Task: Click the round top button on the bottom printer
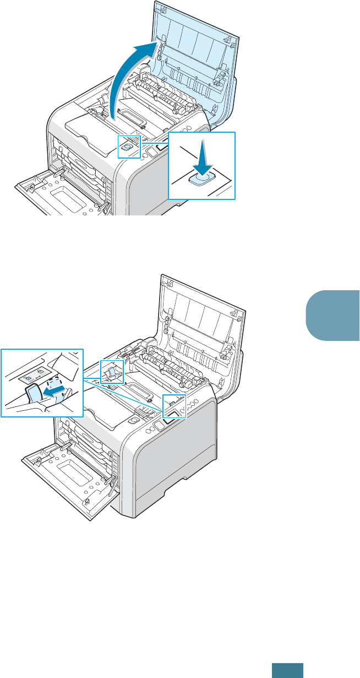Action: (x=134, y=420)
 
